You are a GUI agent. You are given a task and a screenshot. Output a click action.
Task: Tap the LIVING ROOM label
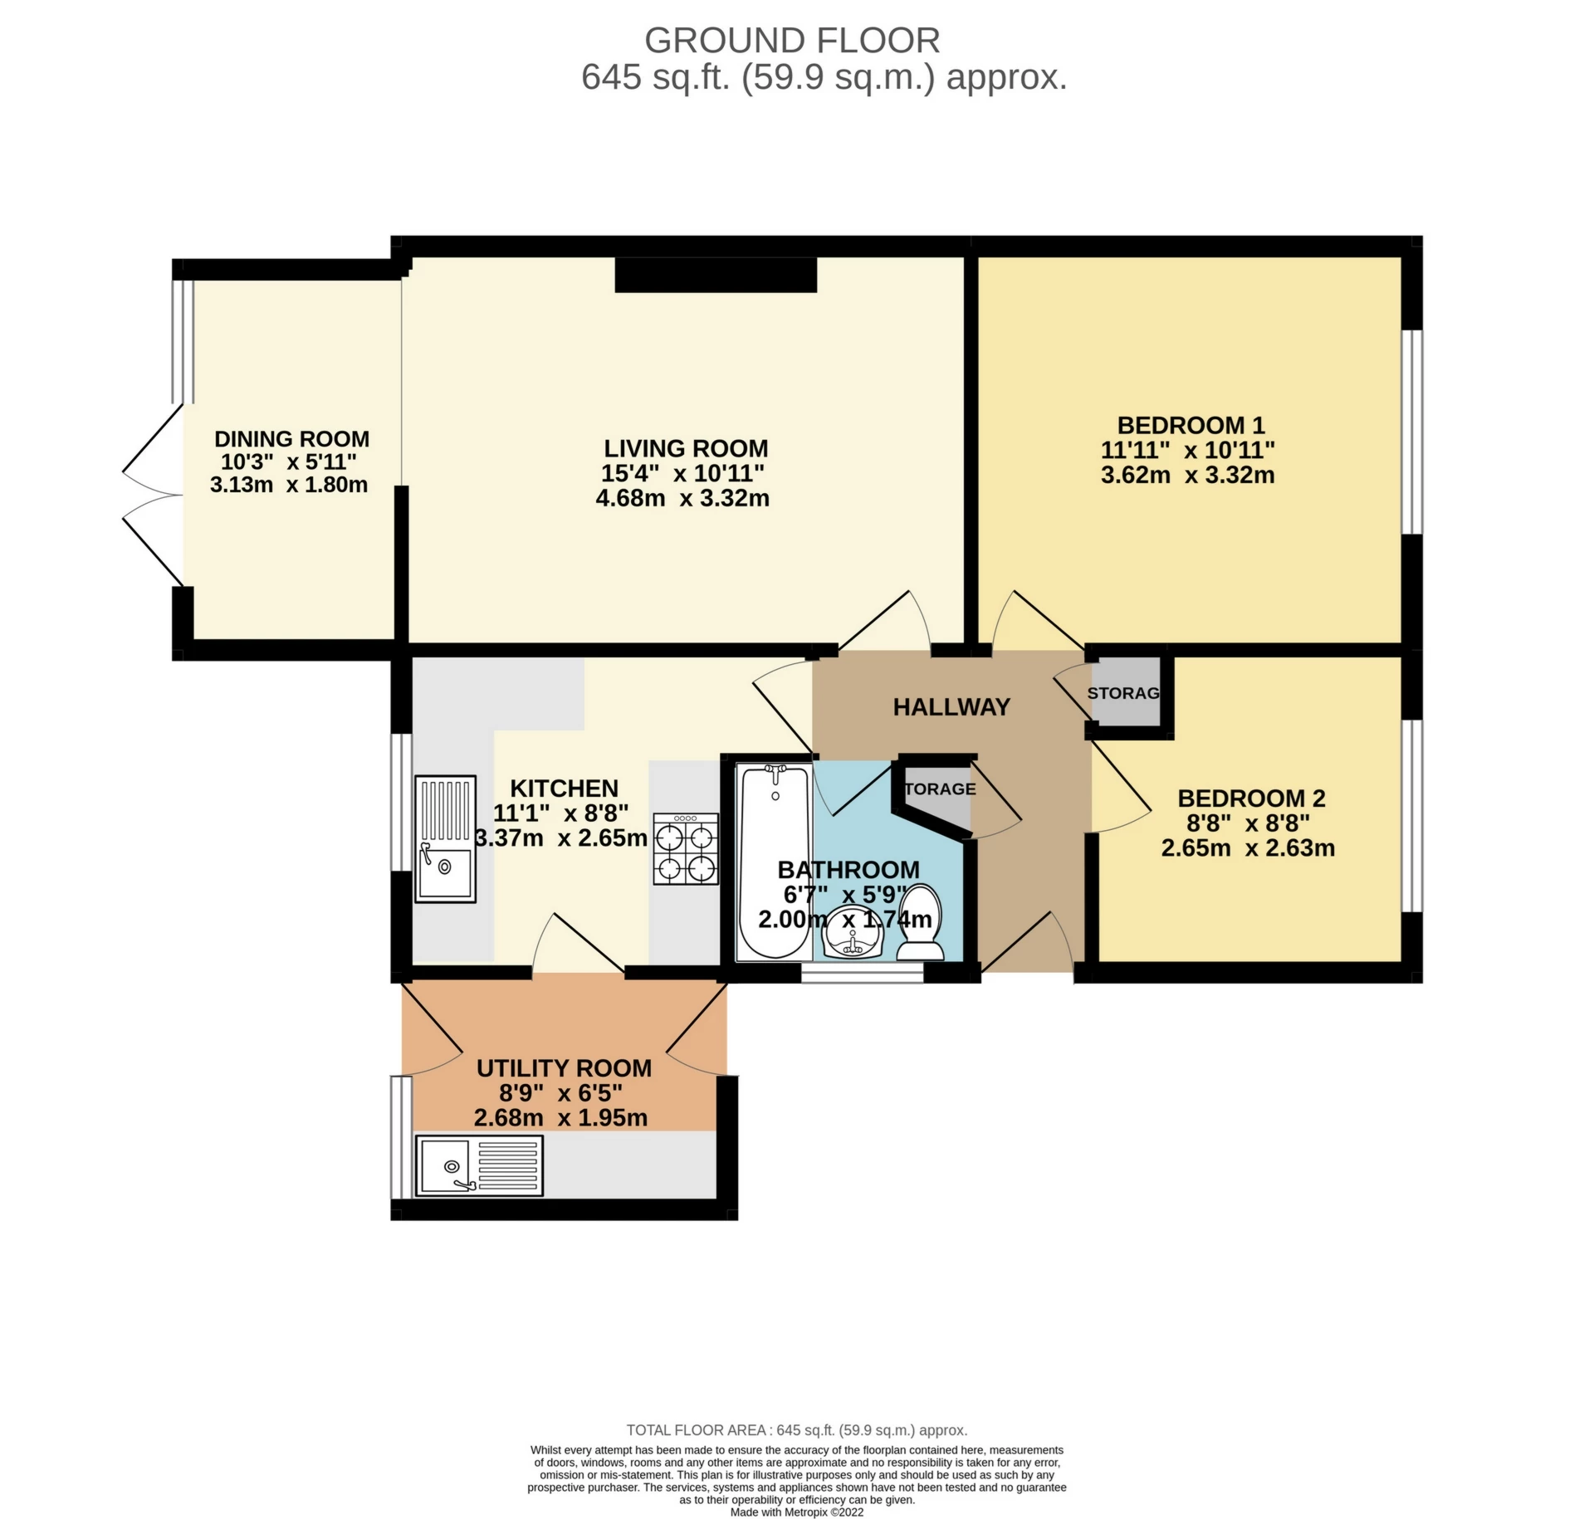(686, 448)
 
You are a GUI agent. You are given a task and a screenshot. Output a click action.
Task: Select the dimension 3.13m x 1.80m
(289, 485)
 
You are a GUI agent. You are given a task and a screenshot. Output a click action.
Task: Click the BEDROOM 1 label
(1191, 425)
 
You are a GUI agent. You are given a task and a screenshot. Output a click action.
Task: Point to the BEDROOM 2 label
(1251, 798)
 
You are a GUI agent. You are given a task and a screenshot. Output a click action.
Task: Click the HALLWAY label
(951, 706)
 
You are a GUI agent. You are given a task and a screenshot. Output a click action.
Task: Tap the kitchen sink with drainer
(445, 838)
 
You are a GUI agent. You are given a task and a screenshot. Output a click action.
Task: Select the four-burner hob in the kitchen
(686, 848)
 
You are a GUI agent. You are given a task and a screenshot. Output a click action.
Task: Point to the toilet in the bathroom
(920, 922)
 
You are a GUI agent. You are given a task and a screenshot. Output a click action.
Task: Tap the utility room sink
(479, 1165)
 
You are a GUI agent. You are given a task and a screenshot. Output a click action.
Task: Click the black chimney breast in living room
(716, 275)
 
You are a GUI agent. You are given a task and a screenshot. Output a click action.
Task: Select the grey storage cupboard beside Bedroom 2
(1127, 691)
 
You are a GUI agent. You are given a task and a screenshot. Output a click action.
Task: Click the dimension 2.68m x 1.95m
(560, 1117)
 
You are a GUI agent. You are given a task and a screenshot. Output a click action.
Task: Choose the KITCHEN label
(564, 788)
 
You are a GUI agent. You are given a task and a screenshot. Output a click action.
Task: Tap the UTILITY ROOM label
(564, 1067)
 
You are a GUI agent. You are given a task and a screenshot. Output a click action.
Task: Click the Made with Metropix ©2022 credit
(797, 1512)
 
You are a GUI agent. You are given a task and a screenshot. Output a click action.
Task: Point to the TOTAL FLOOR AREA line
(797, 1429)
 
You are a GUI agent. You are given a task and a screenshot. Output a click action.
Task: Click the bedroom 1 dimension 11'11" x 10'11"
(1187, 450)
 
